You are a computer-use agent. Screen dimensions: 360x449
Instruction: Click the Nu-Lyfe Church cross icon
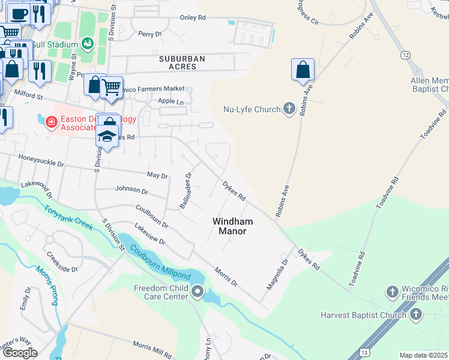tap(289, 109)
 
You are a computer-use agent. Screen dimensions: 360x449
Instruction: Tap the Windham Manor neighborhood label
tap(232, 226)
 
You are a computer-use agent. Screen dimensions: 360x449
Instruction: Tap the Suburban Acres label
tap(182, 62)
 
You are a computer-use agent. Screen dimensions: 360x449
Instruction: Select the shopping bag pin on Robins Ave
tap(303, 70)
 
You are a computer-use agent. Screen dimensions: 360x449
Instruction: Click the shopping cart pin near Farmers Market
tap(111, 88)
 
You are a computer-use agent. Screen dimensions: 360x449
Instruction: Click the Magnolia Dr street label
tap(277, 274)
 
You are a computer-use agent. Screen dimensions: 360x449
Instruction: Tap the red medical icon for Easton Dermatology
tap(52, 122)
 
